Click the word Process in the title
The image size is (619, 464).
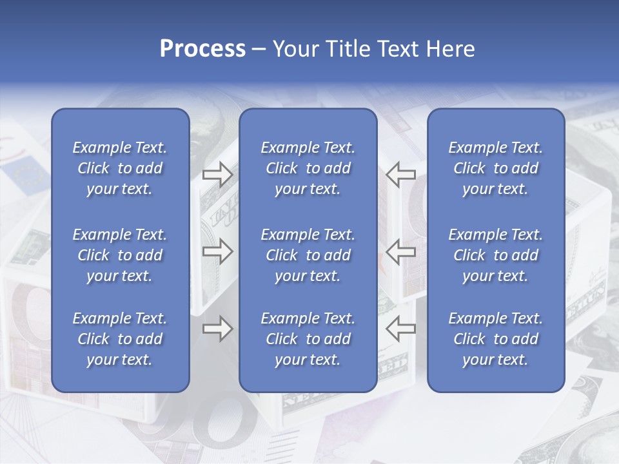202,49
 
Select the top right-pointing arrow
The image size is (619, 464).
217,175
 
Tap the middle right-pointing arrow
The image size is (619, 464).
217,251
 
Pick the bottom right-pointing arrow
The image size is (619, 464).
217,329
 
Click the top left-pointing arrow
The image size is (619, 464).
400,175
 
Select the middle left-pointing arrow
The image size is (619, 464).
400,251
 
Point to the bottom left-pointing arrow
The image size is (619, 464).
400,329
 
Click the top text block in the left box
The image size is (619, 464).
120,168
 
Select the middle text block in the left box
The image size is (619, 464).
120,255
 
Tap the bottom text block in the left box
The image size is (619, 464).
120,339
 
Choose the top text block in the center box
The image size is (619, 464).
308,168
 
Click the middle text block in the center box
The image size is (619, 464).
308,255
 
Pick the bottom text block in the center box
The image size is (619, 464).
308,339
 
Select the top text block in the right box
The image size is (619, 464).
495,168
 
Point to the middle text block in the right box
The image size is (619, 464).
495,255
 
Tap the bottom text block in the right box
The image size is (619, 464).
495,339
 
